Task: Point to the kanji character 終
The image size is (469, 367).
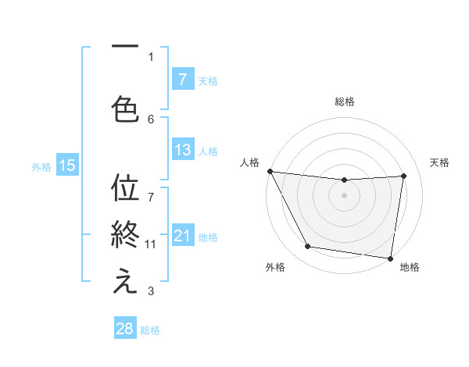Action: tap(125, 234)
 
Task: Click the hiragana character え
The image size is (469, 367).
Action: tap(125, 283)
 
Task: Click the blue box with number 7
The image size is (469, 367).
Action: tap(182, 79)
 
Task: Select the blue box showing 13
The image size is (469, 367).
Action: tap(182, 150)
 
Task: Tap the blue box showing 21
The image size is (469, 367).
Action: tap(182, 237)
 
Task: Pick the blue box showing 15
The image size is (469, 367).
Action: tap(66, 165)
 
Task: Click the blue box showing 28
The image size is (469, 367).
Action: tap(125, 329)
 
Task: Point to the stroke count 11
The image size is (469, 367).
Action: tap(151, 244)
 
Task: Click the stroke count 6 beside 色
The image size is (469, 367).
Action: tap(151, 119)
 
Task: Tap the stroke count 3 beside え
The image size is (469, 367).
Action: tap(151, 292)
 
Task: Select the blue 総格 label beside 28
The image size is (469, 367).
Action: tap(150, 330)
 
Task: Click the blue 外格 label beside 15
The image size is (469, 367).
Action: tap(41, 166)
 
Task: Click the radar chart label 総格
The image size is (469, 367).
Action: tap(345, 102)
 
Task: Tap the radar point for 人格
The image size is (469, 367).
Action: tap(270, 171)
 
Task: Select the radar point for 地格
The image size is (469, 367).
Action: tap(391, 258)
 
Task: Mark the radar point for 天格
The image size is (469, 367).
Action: tap(404, 176)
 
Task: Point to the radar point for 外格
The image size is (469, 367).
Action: tap(308, 247)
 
